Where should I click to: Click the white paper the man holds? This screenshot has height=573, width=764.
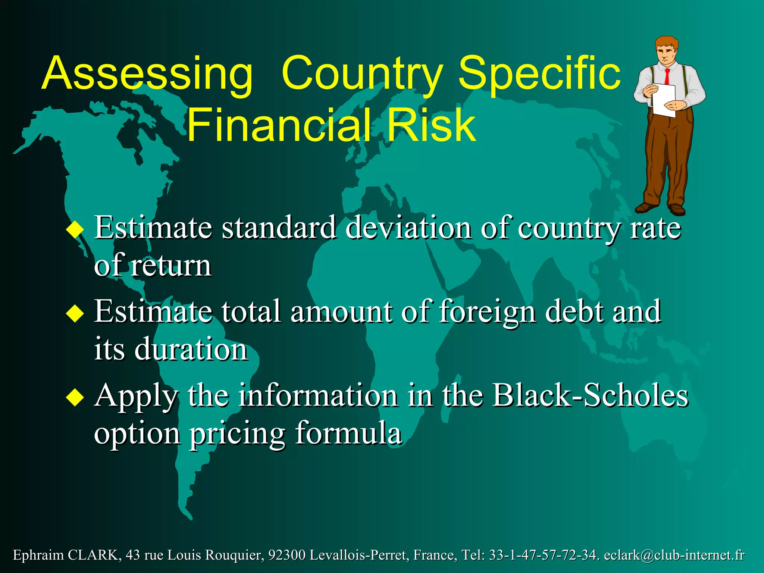point(664,99)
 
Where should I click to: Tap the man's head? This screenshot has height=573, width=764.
point(666,50)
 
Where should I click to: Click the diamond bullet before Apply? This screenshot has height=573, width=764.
point(75,397)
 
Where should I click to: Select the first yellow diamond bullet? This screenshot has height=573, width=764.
point(75,229)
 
